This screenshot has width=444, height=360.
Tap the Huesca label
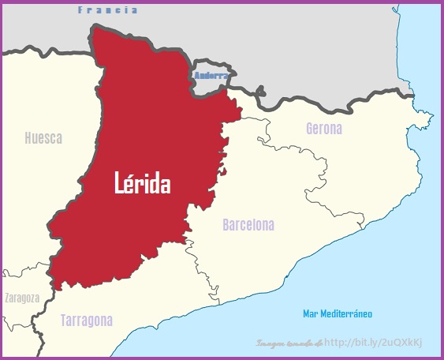[43, 138]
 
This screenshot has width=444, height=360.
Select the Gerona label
[324, 128]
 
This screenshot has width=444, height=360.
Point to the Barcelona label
[248, 225]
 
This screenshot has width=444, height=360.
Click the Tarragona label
[87, 321]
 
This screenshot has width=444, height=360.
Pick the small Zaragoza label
[22, 298]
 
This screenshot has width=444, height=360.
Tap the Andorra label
[211, 76]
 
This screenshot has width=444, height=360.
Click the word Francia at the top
[107, 10]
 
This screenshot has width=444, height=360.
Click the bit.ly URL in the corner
[374, 343]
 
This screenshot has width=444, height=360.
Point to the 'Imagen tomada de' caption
[289, 343]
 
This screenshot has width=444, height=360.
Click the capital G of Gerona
[310, 128]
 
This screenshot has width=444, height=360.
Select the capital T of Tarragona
[64, 321]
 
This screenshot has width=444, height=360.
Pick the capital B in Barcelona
[226, 225]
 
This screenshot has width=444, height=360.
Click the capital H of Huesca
[28, 138]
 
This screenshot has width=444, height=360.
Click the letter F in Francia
[80, 10]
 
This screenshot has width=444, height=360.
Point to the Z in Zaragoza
[7, 298]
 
